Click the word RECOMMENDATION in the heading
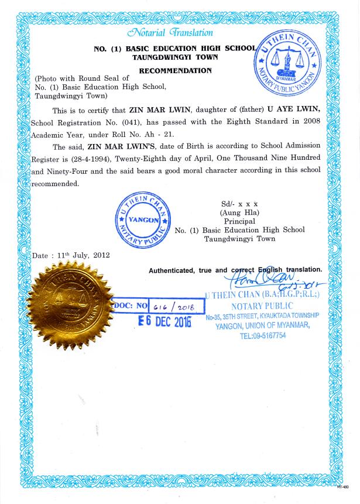tap(175, 70)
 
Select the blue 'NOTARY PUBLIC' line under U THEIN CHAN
tap(262, 306)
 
